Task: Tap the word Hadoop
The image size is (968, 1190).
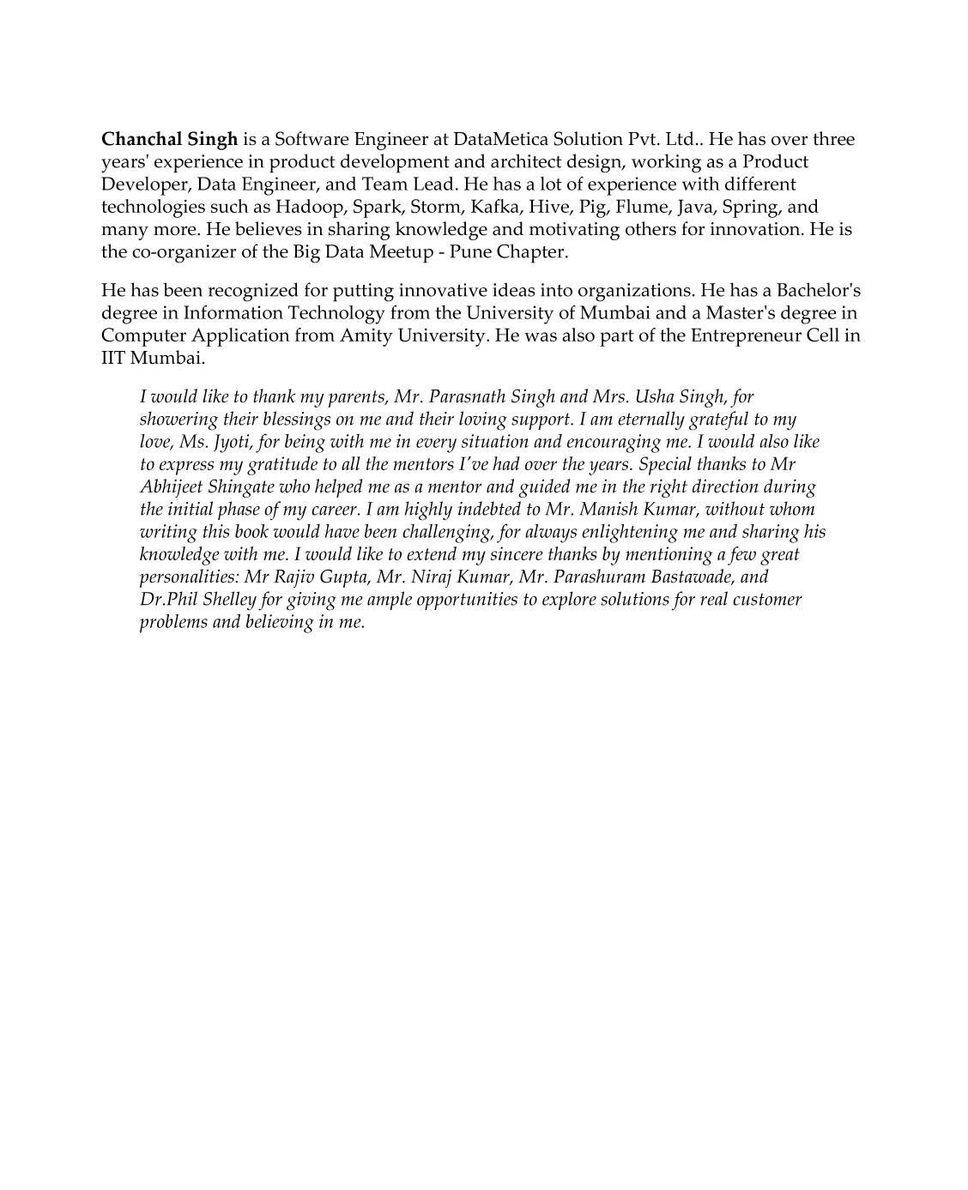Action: click(x=311, y=207)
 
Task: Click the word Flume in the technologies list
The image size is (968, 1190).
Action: click(x=643, y=207)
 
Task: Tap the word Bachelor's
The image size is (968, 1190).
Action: click(x=818, y=290)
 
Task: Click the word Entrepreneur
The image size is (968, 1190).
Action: click(x=745, y=335)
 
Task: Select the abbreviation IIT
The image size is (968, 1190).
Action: click(x=112, y=358)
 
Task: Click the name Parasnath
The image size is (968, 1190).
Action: click(x=466, y=397)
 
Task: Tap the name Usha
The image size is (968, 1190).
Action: click(x=654, y=397)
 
